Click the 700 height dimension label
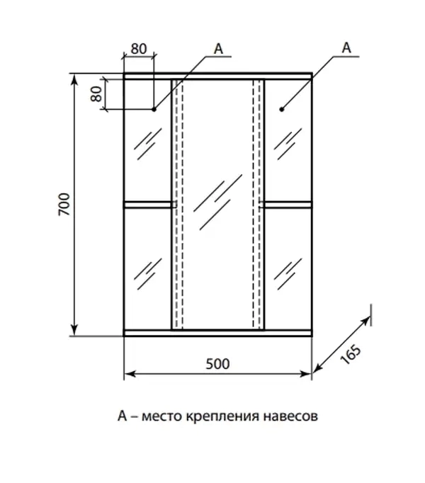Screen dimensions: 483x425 point(63,205)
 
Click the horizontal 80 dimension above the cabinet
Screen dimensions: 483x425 point(139,50)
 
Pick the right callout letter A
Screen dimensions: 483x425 point(346,47)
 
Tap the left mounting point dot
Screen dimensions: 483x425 point(154,109)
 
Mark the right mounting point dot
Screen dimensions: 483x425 point(281,109)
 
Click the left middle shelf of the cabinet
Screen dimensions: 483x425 point(148,205)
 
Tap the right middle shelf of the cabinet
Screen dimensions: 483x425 point(288,205)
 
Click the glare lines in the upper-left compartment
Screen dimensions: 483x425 point(147,144)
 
